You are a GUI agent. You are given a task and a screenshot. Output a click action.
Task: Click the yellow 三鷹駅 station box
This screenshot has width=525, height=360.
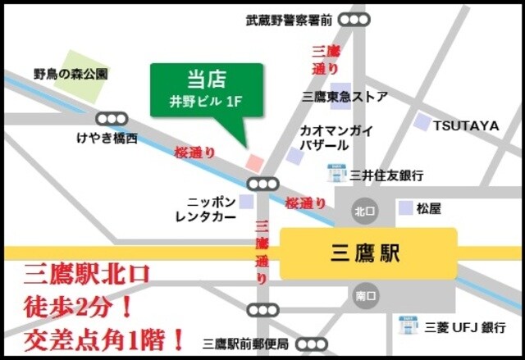(x=368, y=253)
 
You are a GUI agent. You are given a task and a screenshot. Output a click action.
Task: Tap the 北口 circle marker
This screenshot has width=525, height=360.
(x=363, y=210)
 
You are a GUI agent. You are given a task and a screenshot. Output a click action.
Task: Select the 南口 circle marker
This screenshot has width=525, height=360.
(x=364, y=295)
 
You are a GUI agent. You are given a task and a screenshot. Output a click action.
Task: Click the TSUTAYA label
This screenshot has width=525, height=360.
(x=466, y=125)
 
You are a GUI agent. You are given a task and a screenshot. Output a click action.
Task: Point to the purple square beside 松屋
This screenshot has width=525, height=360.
(x=405, y=208)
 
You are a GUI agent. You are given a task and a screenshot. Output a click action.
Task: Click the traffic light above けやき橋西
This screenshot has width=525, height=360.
(x=112, y=119)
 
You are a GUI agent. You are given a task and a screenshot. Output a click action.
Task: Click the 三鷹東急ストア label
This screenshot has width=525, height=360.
(x=345, y=97)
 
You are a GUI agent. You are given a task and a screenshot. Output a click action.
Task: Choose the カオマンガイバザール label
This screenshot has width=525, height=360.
(x=337, y=138)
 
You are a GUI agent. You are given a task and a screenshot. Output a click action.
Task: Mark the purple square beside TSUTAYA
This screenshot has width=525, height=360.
(x=422, y=123)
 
